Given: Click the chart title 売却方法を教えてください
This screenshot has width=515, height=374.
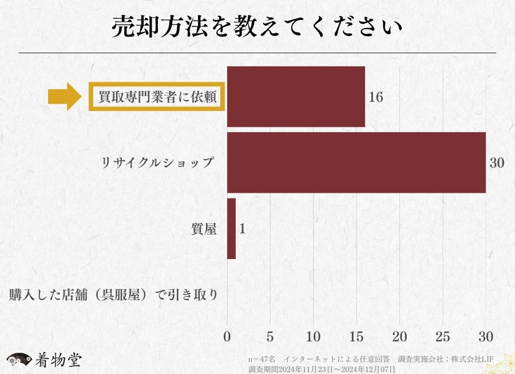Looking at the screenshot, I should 257,27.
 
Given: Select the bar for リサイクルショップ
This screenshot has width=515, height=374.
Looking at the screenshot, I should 356,162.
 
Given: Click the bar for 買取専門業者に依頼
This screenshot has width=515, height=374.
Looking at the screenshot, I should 296,96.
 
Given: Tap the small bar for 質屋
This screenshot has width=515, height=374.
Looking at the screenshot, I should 231,229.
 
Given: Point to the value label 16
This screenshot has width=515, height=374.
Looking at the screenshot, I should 376,97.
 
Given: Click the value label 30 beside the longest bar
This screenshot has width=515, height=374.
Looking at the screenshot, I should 497,163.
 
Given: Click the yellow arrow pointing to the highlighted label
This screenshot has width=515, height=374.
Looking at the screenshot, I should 66,97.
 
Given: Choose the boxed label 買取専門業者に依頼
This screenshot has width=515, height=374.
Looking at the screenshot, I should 157,97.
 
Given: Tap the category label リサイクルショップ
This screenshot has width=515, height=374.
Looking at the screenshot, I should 157,162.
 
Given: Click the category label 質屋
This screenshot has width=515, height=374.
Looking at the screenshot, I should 204,229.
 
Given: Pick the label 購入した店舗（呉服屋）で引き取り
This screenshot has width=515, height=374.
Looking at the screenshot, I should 113,296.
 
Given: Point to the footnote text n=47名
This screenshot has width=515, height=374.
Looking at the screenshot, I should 262,359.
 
